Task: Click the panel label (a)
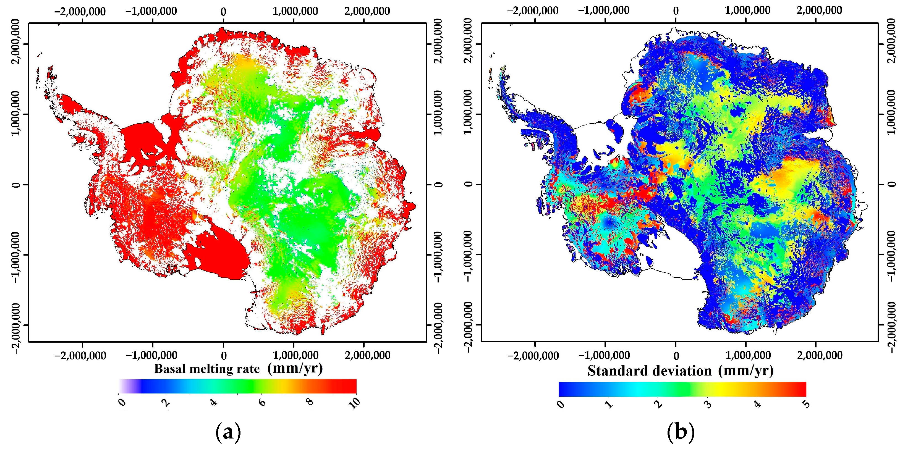pos(228,433)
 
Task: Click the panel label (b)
pos(681,433)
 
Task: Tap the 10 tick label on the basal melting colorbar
pos(354,403)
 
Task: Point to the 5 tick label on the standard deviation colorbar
pos(806,404)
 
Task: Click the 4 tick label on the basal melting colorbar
pos(214,403)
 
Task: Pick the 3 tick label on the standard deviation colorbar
pos(708,404)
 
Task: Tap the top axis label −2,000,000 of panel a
pos(80,11)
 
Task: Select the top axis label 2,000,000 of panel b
pos(819,10)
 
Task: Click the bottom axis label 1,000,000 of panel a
pos(295,355)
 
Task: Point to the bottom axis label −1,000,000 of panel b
pos(604,355)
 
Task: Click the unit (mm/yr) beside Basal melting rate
pos(295,368)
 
